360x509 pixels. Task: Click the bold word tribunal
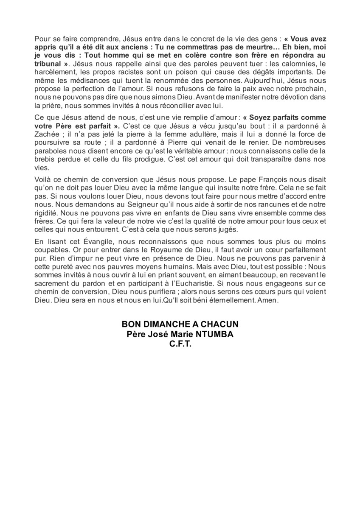[48, 64]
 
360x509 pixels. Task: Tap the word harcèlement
[53, 72]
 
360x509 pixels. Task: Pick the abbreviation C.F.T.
[180, 345]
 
